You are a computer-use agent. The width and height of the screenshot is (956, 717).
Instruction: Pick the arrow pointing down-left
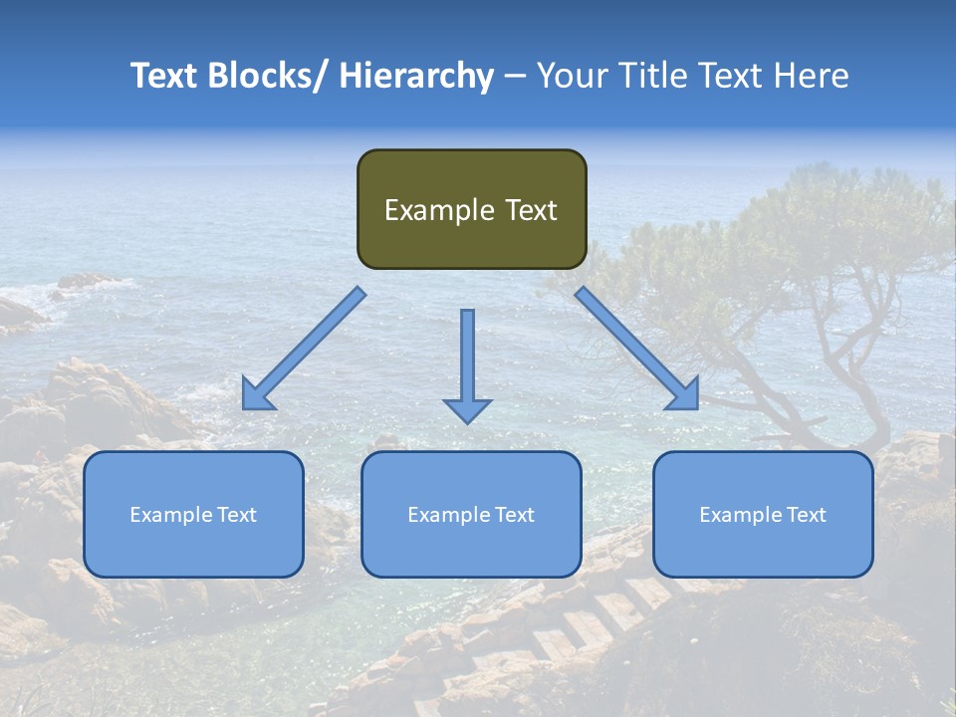pos(304,349)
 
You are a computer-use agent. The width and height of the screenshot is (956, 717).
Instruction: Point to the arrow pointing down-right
pos(637,349)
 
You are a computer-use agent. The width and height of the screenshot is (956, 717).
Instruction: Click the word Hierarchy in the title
pos(416,76)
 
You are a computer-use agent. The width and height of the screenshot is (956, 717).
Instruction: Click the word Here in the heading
pos(812,76)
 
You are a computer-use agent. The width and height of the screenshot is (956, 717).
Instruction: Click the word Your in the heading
pos(571,76)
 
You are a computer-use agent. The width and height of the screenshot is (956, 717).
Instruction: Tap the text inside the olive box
pos(471,210)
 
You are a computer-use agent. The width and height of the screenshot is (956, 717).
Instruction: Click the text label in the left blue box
pos(193,515)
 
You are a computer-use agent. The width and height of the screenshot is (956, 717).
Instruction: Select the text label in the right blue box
pos(763,515)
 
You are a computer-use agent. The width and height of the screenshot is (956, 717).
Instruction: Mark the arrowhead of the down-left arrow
pos(257,396)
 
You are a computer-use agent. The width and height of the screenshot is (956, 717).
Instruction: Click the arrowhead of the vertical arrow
pos(467,409)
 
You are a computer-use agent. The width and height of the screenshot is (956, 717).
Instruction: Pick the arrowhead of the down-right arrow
pos(684,395)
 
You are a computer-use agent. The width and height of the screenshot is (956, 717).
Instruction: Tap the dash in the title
pos(515,76)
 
